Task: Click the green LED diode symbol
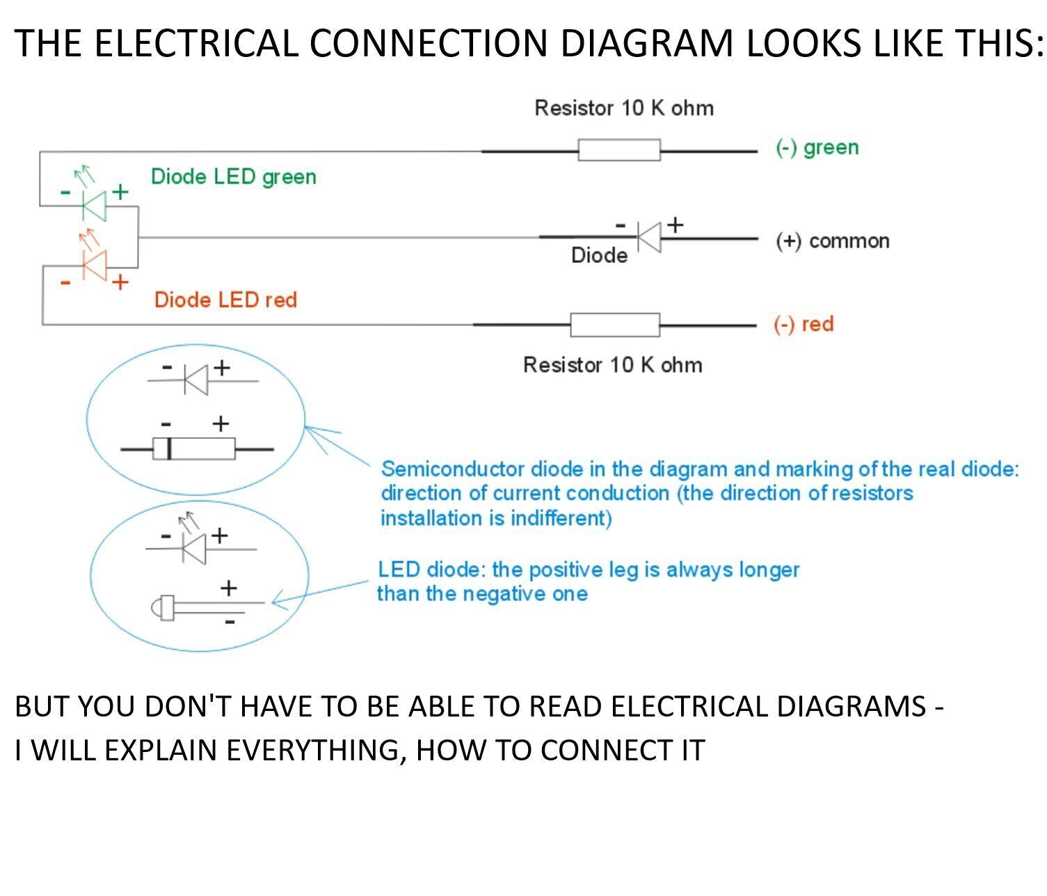point(94,205)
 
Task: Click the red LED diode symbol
point(94,265)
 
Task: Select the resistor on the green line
point(618,150)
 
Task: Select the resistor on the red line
point(614,325)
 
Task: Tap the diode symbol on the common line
point(648,238)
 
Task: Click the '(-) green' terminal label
point(817,147)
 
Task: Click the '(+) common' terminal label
point(833,241)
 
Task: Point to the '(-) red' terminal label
point(804,324)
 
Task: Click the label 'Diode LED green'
point(233,177)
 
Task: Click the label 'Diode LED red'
point(225,300)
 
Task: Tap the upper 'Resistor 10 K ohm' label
point(624,109)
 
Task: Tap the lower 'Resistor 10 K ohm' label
point(612,365)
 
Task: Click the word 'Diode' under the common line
point(599,256)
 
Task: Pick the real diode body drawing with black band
point(194,449)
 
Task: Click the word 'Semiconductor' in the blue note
point(453,470)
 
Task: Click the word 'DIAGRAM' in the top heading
point(646,43)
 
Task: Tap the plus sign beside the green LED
point(120,191)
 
